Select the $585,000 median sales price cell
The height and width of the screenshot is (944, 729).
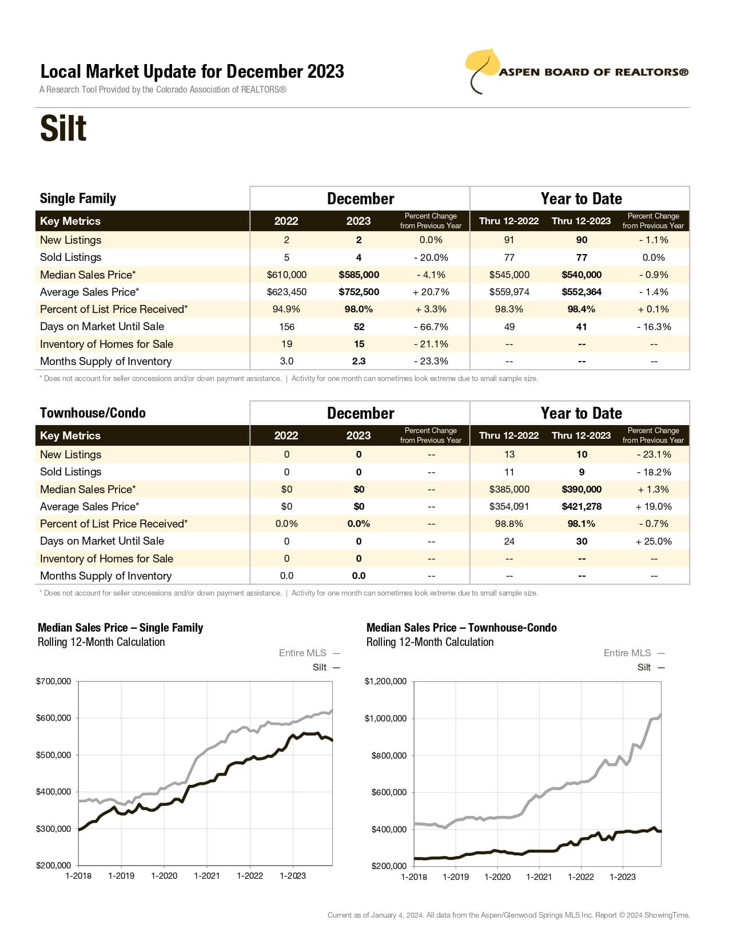358,275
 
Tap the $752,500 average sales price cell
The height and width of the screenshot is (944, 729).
358,292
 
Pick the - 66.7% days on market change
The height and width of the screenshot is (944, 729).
431,327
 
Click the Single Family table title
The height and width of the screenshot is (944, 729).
78,199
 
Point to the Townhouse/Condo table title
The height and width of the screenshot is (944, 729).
93,413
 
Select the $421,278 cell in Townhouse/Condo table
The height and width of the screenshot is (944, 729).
581,506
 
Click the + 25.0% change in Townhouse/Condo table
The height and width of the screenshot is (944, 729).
654,541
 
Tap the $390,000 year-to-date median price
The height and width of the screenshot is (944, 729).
581,489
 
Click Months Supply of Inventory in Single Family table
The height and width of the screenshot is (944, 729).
106,361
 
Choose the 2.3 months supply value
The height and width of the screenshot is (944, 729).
358,361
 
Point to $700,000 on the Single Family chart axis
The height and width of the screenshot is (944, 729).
53,681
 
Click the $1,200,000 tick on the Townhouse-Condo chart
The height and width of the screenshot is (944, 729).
385,681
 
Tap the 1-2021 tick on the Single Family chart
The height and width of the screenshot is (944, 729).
207,876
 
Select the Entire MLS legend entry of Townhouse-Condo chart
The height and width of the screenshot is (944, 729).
627,653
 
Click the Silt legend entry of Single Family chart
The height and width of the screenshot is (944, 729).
320,667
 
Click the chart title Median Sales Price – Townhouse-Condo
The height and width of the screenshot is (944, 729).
461,628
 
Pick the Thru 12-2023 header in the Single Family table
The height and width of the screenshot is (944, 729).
581,221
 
